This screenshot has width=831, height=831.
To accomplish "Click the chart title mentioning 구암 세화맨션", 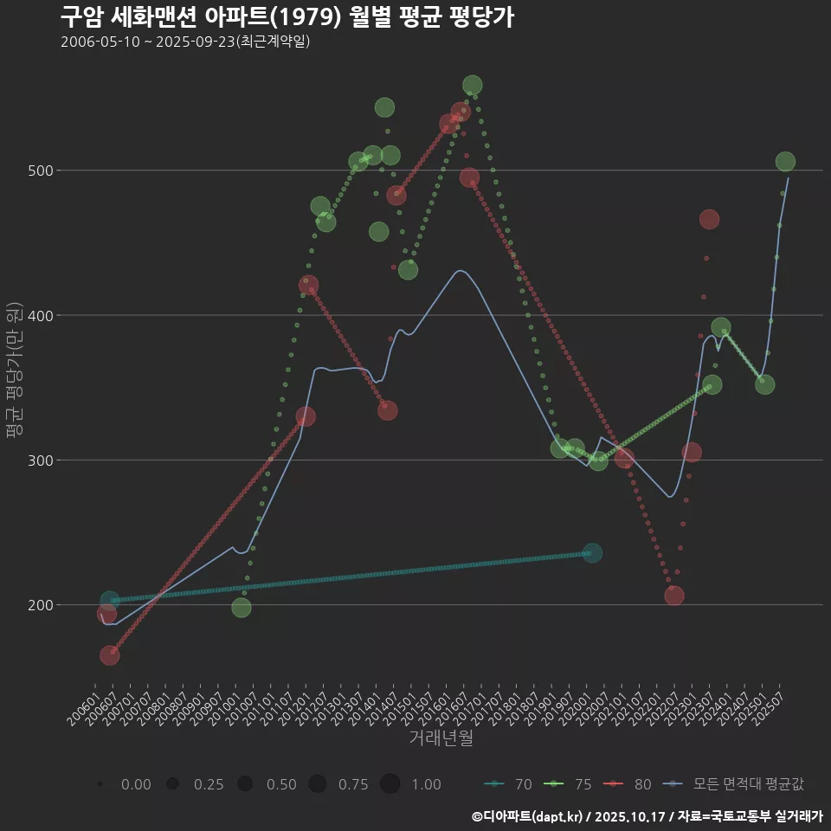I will (287, 16).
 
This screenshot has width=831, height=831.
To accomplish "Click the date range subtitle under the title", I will (185, 42).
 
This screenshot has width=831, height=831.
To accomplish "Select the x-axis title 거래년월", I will (441, 738).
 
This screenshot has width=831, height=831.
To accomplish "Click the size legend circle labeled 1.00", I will (390, 784).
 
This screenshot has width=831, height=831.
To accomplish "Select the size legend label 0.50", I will (281, 784).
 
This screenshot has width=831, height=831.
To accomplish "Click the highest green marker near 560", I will (472, 85).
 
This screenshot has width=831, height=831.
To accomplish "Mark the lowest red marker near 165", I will (109, 655).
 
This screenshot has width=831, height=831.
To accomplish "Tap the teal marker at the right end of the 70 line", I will (592, 553).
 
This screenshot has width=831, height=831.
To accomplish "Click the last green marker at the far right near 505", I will (785, 162).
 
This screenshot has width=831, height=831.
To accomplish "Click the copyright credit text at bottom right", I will (647, 815).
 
